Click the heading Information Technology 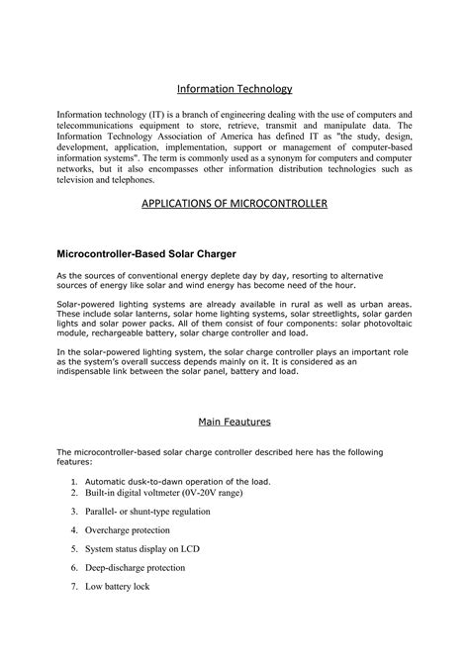pos(234,89)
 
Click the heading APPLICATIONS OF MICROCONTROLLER pos(234,204)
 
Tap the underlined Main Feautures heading pos(234,422)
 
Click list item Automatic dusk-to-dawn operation pos(177,481)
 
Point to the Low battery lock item pos(117,587)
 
